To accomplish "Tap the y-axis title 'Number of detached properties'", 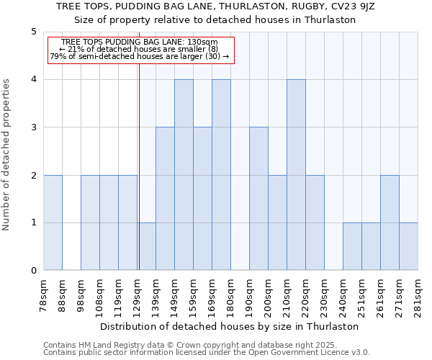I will [x=7, y=151].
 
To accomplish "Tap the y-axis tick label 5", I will [x=33, y=32].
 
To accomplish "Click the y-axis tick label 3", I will [x=33, y=127].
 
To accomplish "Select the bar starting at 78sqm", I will [x=53, y=222].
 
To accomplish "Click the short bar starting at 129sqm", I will [x=146, y=246].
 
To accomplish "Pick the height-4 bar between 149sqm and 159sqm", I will [x=184, y=175].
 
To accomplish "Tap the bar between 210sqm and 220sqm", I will [x=296, y=175].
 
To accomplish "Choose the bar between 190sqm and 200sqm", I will [x=258, y=199].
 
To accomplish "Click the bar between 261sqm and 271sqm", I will [x=390, y=222].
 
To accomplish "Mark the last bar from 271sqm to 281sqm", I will [x=408, y=246].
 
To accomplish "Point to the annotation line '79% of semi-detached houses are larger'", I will [x=140, y=56].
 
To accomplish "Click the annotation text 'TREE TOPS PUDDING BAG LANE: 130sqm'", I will [x=140, y=42].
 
